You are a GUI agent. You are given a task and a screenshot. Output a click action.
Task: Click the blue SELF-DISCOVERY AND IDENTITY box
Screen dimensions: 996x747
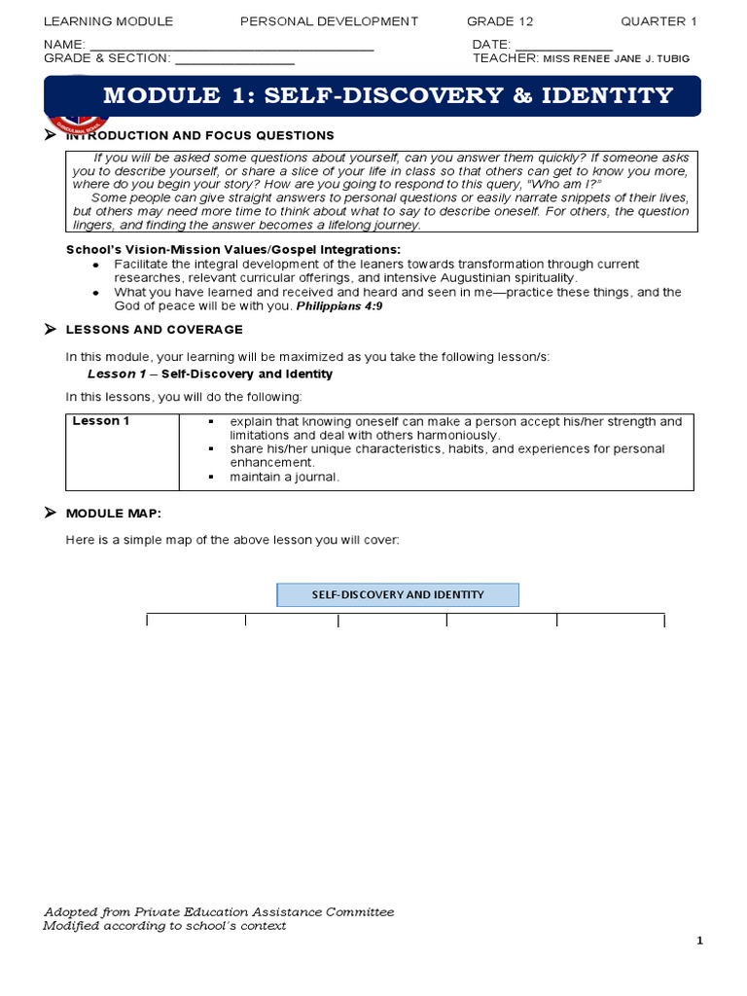coord(398,594)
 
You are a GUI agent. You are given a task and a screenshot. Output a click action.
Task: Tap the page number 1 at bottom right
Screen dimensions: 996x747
coord(699,941)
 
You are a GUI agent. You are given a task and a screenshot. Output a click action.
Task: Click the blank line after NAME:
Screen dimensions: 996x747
coord(231,47)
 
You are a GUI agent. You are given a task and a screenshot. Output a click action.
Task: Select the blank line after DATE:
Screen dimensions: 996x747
coord(563,47)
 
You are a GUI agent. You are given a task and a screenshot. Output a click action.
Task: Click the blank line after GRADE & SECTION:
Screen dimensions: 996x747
coord(233,60)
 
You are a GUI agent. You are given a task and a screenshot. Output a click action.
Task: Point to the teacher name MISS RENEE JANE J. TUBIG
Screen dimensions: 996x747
coord(616,58)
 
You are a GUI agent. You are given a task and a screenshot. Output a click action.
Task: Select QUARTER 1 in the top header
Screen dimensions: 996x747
coord(659,21)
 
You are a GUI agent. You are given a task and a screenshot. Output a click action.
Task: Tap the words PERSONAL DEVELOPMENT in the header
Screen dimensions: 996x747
coord(329,21)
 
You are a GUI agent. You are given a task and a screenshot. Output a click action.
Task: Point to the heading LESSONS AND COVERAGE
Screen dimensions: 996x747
coord(154,331)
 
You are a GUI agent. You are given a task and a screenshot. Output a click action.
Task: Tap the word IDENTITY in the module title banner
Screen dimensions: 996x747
coord(608,95)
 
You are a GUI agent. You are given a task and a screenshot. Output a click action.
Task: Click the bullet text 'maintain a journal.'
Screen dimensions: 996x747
coord(285,477)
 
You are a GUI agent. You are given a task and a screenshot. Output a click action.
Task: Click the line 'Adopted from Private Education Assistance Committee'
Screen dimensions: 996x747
coord(219,911)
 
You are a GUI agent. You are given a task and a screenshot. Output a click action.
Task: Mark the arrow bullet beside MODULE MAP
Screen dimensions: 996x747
coord(51,513)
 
